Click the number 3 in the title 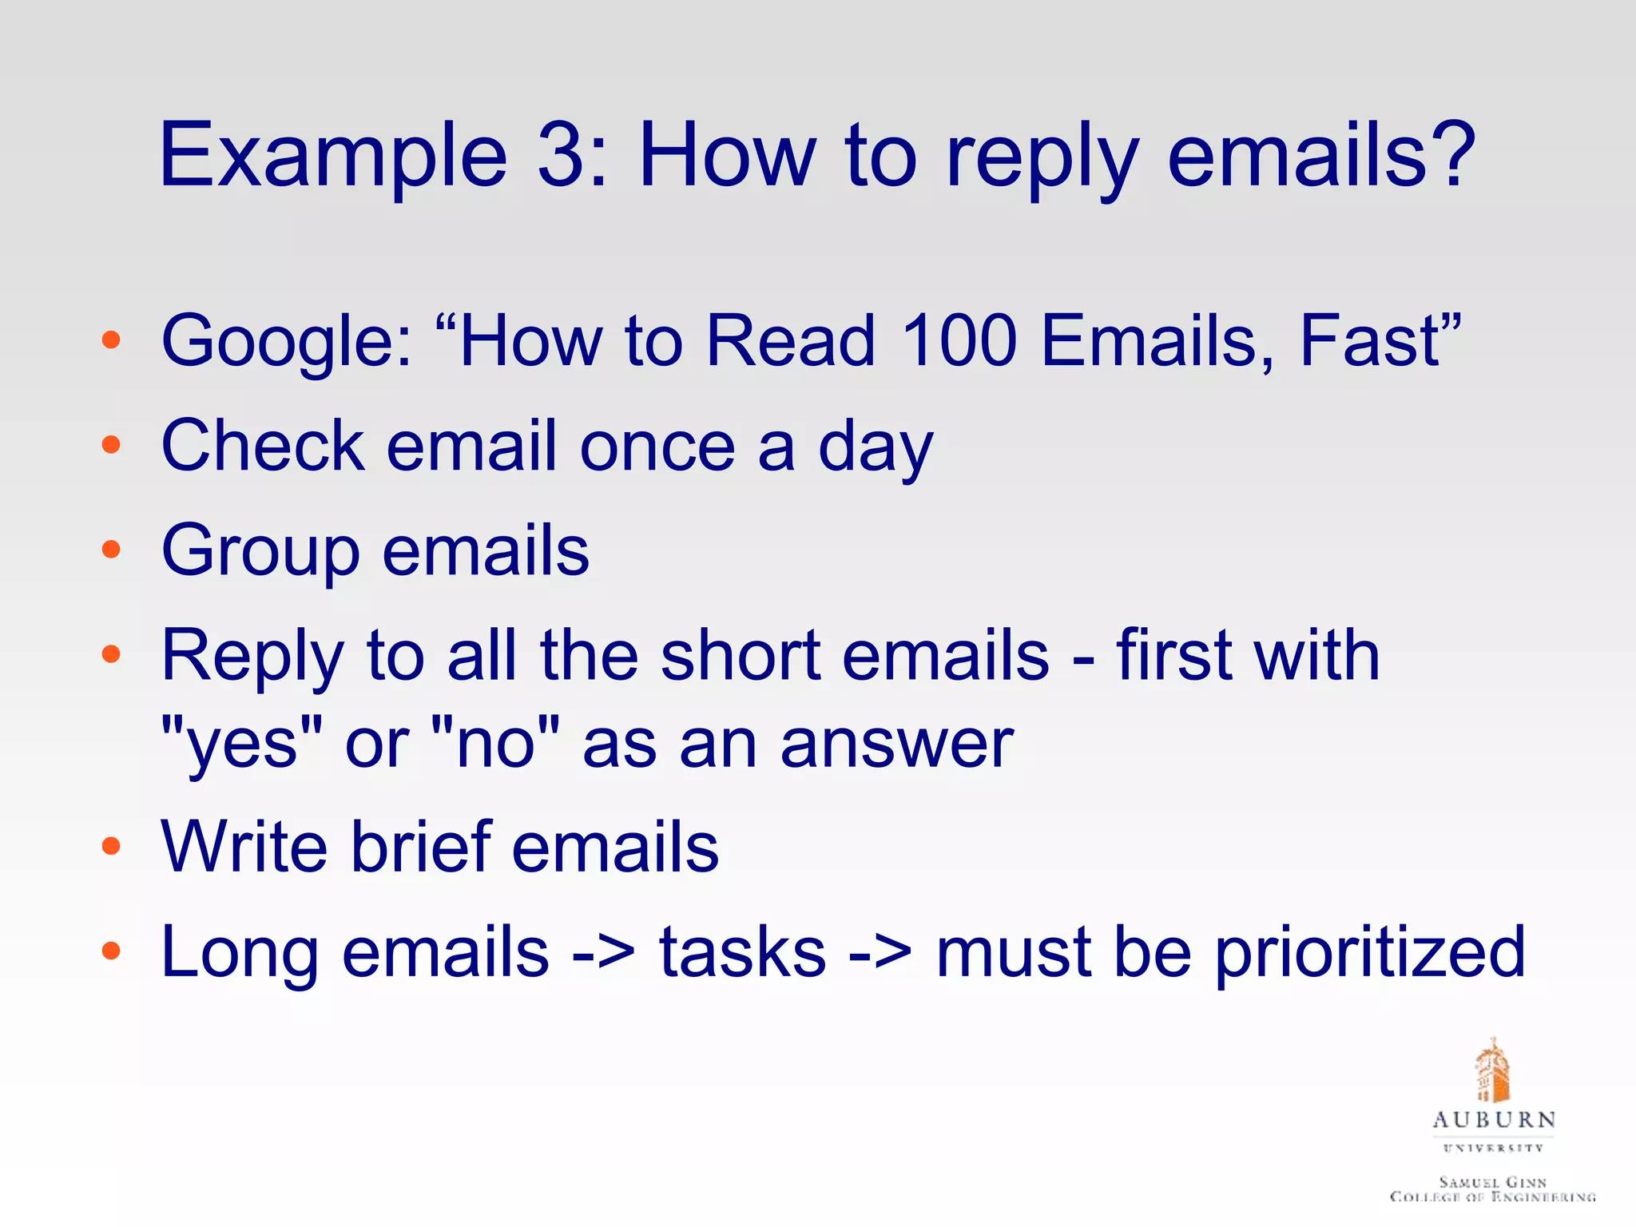pyautogui.click(x=563, y=155)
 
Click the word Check pyautogui.click(x=263, y=446)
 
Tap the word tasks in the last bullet pyautogui.click(x=743, y=952)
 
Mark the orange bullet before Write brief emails pyautogui.click(x=111, y=847)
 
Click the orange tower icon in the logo pyautogui.click(x=1492, y=1072)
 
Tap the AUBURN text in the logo pyautogui.click(x=1493, y=1120)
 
